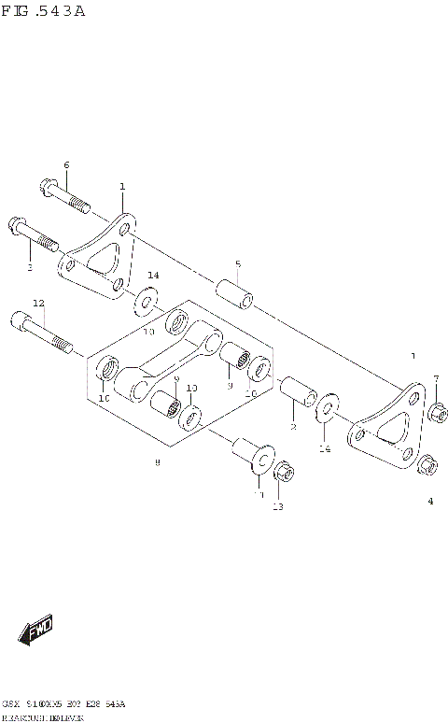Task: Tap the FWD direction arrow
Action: (x=38, y=632)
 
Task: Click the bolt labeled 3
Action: (x=34, y=234)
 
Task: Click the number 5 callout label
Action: (x=238, y=263)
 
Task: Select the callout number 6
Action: (x=66, y=165)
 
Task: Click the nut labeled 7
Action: (x=438, y=411)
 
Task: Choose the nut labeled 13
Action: (x=287, y=471)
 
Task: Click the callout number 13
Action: (x=277, y=507)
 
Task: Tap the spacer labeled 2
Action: (x=295, y=393)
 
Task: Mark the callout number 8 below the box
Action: (x=157, y=462)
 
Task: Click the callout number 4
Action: (x=430, y=502)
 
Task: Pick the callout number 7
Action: (x=436, y=378)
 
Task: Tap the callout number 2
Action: (x=292, y=427)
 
